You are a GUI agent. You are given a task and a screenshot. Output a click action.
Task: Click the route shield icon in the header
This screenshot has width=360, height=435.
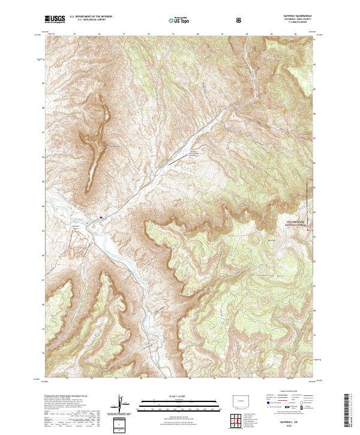tap(240, 20)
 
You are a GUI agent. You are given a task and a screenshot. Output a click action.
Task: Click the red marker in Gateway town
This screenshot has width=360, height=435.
tap(101, 217)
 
